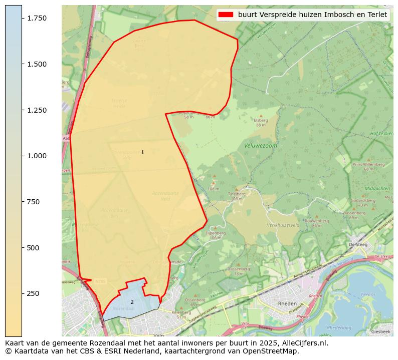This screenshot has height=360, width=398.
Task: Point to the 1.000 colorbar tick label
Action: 36,156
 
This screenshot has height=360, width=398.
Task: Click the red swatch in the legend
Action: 226,15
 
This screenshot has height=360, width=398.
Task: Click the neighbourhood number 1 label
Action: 142,152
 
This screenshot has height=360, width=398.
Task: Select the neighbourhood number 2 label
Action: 132,302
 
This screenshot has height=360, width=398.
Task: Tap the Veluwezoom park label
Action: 260,146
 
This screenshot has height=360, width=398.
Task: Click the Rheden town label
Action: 287,303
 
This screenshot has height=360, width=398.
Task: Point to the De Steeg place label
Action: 358,244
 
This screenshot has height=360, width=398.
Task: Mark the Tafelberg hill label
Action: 236,194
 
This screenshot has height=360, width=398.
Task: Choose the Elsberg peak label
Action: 261,120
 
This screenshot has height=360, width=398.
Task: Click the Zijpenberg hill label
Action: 213,233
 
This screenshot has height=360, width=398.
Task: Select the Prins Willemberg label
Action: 368,164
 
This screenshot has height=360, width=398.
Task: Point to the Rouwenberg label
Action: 316,220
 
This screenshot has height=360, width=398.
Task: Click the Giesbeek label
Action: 380,331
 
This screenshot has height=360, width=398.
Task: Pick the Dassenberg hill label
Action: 238,269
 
